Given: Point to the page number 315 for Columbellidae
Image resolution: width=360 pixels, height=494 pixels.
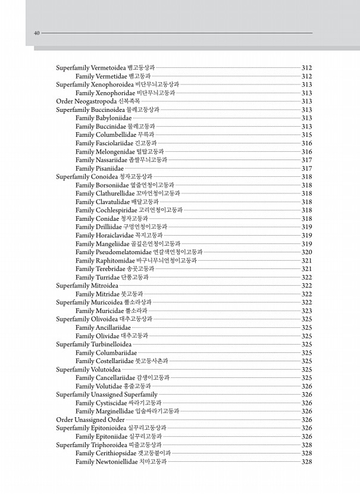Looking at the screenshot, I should pos(307,135).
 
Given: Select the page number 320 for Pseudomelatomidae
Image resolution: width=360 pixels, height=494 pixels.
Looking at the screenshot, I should pos(307,252).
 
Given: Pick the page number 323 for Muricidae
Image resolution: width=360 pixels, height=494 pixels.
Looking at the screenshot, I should pos(307,311).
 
